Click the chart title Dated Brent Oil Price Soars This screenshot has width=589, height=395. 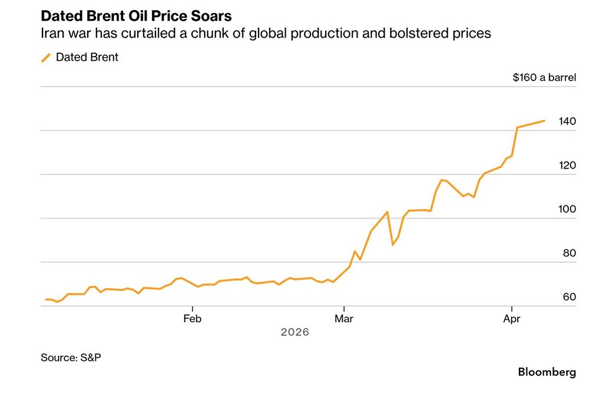click(136, 15)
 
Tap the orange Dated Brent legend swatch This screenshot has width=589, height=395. click(45, 58)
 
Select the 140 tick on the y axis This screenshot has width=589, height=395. click(568, 121)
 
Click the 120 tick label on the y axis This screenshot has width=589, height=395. click(568, 166)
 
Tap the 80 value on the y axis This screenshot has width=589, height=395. click(568, 254)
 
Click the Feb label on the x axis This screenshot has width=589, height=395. click(193, 319)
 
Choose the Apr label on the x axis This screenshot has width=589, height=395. click(512, 319)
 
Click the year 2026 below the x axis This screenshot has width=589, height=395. click(294, 333)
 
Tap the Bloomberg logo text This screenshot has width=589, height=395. click(547, 372)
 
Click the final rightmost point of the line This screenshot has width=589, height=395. click(544, 120)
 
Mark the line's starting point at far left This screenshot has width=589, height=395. click(45, 299)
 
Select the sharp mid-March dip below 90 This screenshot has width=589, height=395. click(393, 245)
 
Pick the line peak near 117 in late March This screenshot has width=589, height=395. click(441, 180)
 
